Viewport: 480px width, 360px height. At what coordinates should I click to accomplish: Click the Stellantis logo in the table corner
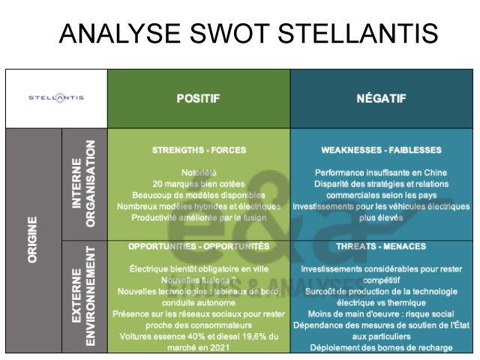click(56, 97)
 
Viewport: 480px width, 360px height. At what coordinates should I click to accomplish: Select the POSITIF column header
click(198, 98)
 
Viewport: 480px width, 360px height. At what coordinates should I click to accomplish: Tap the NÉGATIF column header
click(380, 98)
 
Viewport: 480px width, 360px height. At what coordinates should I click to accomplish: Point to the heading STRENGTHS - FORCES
click(199, 150)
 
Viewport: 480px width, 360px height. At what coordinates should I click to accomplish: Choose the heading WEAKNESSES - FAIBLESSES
click(381, 150)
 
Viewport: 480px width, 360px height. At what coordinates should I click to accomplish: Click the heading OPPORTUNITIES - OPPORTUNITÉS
click(199, 246)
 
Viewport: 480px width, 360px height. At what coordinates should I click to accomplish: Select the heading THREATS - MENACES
click(381, 246)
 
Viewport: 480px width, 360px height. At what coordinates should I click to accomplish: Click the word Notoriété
click(199, 172)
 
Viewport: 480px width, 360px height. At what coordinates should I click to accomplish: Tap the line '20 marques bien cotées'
click(199, 184)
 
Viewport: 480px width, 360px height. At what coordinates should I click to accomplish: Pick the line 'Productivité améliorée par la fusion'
click(199, 217)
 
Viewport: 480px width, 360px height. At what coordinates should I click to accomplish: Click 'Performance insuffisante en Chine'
click(381, 172)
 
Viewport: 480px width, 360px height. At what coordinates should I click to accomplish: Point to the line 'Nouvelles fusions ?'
click(199, 280)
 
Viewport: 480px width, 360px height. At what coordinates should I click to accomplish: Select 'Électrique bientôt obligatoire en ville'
click(199, 268)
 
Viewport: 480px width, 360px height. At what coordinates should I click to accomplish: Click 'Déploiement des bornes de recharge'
click(381, 347)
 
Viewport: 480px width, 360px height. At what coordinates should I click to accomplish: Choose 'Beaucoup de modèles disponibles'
click(199, 195)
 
